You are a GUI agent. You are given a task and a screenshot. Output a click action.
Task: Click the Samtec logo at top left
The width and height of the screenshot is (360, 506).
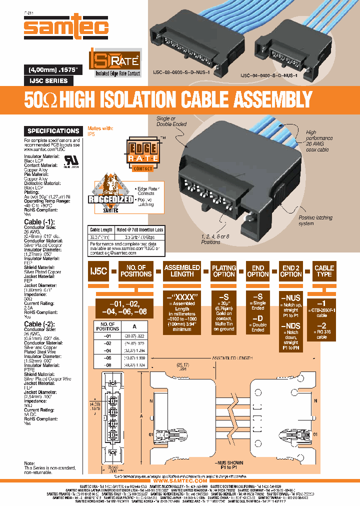point(66,26)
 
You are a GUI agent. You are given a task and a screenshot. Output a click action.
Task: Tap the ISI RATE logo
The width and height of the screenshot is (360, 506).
point(115,62)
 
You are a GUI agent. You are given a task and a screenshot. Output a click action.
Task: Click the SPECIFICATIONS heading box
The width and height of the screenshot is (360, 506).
point(53,131)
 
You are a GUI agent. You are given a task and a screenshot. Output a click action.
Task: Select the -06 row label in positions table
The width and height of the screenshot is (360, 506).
point(107,358)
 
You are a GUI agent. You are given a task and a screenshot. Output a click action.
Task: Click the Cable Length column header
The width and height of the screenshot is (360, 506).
point(100,229)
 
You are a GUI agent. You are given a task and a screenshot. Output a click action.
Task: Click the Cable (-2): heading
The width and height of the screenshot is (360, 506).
point(40,324)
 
